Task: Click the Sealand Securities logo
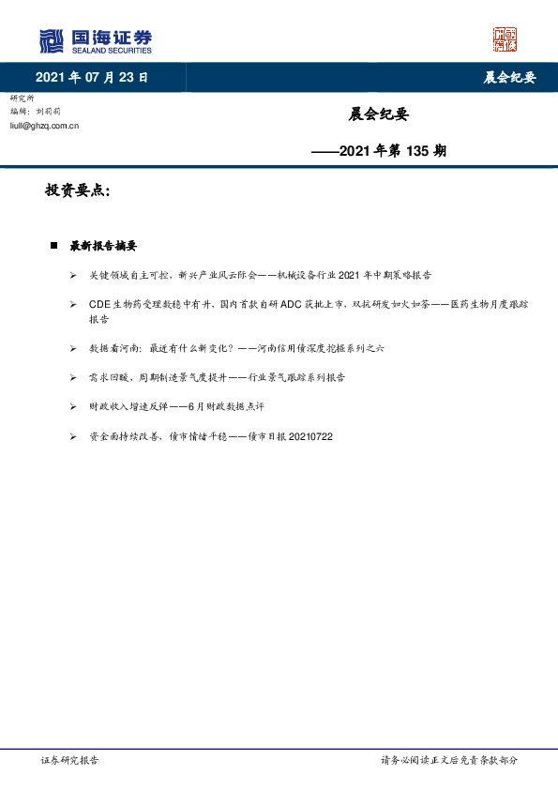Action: tap(95, 40)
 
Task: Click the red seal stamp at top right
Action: tap(505, 39)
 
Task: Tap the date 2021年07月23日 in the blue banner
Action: tap(92, 78)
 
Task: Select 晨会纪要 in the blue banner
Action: tap(509, 78)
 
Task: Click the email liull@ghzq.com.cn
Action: tap(44, 124)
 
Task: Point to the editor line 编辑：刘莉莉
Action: tap(39, 111)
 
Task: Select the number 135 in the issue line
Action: tap(419, 150)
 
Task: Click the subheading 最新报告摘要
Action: tap(103, 246)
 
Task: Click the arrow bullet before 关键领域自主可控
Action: tap(73, 275)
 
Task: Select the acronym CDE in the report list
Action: tap(100, 305)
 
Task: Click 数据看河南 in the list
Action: tap(114, 347)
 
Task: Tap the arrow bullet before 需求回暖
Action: tap(73, 376)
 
